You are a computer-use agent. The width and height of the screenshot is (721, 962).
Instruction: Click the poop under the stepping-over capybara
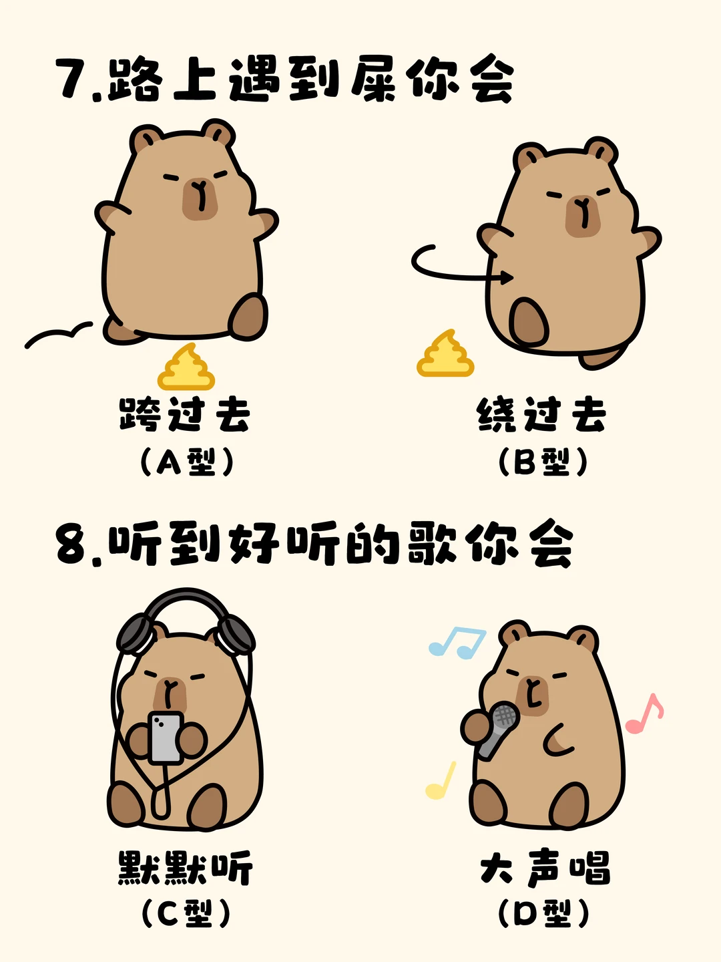click(186, 367)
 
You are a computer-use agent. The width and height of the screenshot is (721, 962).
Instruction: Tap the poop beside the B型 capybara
click(445, 353)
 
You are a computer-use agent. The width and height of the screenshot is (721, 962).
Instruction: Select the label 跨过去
click(184, 414)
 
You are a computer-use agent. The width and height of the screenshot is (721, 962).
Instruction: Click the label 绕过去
click(541, 414)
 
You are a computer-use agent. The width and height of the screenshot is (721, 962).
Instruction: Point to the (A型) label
click(186, 462)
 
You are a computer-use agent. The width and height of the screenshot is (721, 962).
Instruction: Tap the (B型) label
click(543, 462)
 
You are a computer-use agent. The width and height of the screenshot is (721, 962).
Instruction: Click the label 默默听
click(186, 867)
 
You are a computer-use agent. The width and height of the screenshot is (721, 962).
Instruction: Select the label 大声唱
click(545, 867)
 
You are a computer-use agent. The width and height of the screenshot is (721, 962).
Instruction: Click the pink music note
click(644, 713)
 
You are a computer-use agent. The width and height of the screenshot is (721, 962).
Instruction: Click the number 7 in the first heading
click(73, 79)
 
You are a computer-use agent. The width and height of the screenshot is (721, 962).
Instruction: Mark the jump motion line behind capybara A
click(58, 333)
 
